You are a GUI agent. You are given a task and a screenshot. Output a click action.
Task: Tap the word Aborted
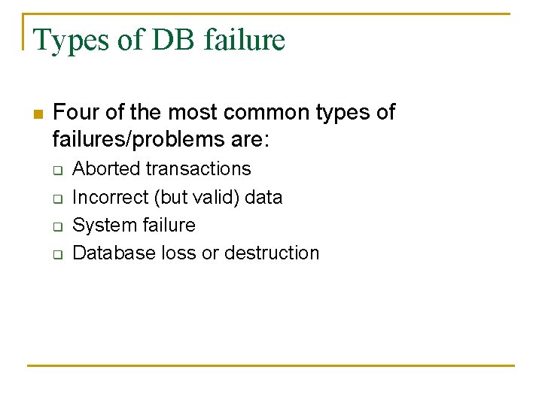106,168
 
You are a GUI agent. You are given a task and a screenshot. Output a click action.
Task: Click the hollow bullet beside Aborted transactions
56,171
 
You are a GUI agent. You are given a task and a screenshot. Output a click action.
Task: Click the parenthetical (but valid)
196,197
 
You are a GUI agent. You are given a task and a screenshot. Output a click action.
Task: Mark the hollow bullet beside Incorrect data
56,199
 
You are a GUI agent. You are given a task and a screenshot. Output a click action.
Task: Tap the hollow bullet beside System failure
56,227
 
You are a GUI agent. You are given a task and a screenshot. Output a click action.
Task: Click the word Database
114,253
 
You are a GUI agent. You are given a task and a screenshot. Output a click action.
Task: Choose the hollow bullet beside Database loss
56,255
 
